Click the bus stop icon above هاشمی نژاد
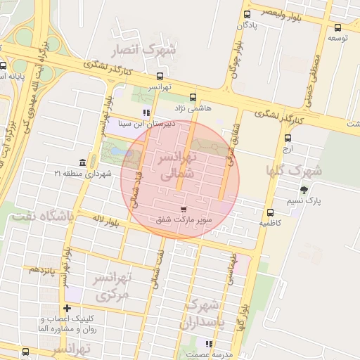click(193, 98)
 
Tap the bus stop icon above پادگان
click(247, 14)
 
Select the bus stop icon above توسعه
click(339, 27)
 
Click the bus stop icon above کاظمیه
click(270, 212)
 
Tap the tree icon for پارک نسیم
click(304, 190)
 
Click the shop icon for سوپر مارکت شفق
click(184, 210)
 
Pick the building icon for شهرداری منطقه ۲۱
click(83, 162)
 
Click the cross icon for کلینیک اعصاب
click(67, 308)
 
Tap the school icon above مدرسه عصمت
click(208, 344)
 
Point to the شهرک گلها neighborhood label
click(293, 170)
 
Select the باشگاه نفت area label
click(41, 217)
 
